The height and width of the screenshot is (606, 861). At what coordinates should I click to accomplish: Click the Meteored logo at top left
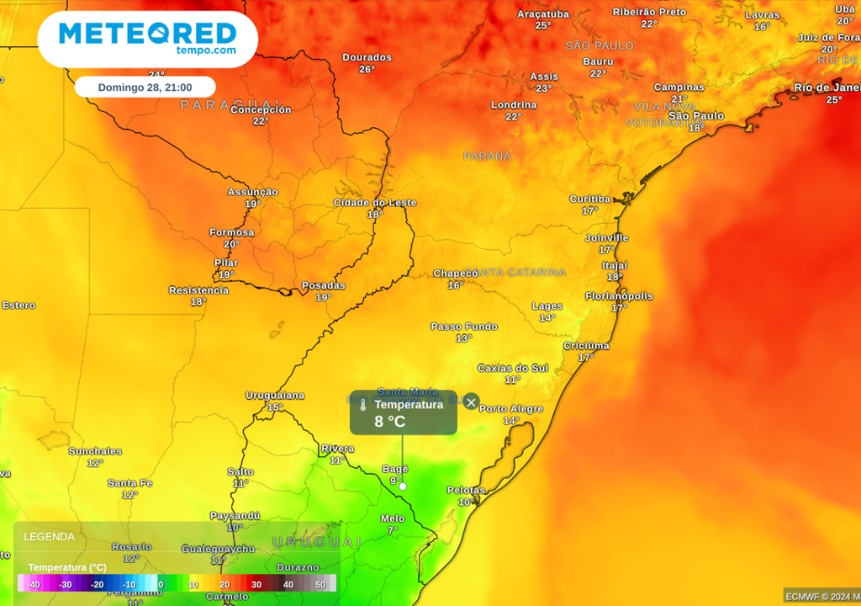click(147, 39)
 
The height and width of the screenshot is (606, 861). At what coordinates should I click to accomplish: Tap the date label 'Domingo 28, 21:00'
click(145, 88)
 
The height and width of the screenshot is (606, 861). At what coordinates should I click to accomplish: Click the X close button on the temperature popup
click(472, 402)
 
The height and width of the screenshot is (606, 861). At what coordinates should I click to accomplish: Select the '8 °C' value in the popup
click(390, 421)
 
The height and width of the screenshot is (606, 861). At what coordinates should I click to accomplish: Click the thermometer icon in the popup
click(363, 405)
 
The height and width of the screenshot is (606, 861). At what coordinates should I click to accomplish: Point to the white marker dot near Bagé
click(403, 486)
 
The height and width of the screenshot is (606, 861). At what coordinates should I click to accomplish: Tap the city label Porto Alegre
click(511, 409)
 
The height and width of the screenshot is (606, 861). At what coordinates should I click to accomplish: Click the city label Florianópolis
click(620, 296)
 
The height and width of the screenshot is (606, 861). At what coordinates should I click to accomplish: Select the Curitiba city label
click(589, 199)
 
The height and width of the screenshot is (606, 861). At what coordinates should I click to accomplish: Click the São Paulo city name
click(696, 115)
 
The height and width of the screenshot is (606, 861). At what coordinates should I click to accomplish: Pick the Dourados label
click(367, 57)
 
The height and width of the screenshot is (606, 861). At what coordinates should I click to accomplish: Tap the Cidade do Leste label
click(375, 203)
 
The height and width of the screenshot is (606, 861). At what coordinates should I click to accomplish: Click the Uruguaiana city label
click(274, 396)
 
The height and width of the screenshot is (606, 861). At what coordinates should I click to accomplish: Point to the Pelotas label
click(466, 490)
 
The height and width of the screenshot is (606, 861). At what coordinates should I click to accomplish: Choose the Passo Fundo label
click(464, 327)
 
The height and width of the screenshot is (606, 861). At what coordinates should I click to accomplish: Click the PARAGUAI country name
click(216, 105)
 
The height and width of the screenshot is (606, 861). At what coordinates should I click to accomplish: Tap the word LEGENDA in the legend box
click(49, 536)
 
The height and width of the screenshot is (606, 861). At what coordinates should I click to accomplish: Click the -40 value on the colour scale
click(34, 584)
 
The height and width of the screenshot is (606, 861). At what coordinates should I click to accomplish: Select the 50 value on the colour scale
click(320, 584)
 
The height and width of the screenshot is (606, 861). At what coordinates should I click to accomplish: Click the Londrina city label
click(514, 105)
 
